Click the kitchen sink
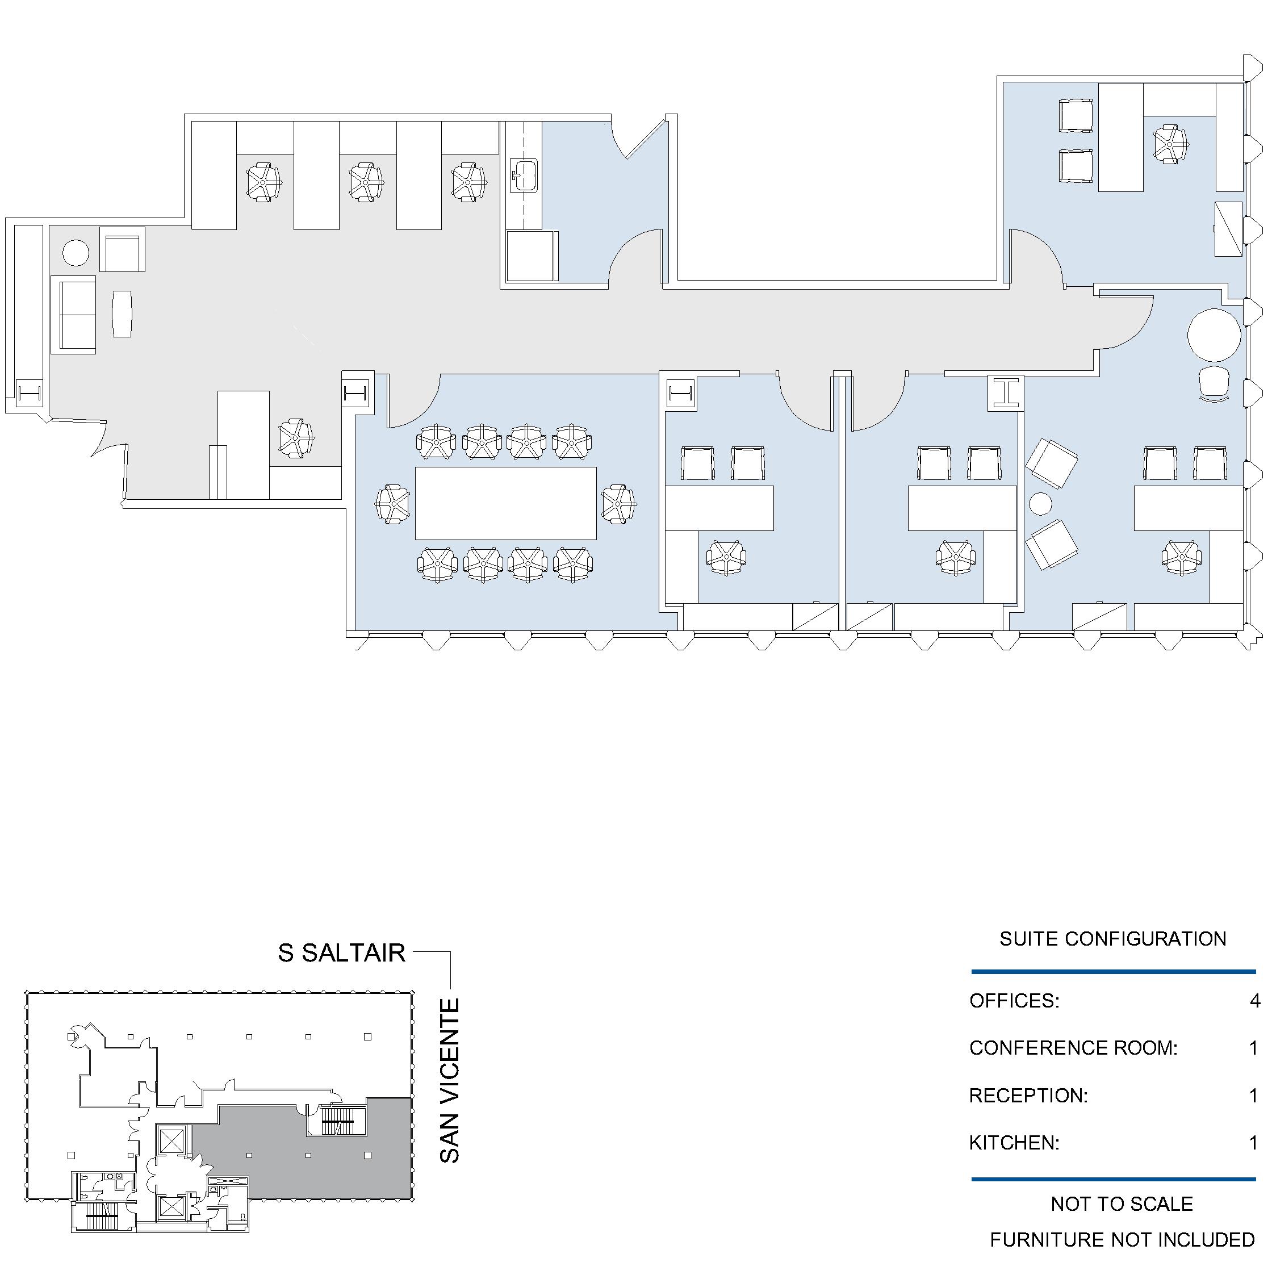tap(524, 176)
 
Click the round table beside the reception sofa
tap(76, 253)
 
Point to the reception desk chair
tap(296, 438)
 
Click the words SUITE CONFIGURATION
tap(1113, 939)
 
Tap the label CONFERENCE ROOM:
tap(1073, 1048)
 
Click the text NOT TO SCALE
tap(1122, 1203)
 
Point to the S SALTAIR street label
tap(341, 952)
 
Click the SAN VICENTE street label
tap(449, 1080)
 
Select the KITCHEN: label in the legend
tap(1015, 1143)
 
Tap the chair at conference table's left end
tap(393, 504)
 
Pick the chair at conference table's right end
tap(619, 504)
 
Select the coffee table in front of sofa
tap(122, 314)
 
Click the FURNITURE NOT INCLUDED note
tap(1123, 1239)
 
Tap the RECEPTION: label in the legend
tap(1028, 1096)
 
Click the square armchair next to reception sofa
tap(123, 249)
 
